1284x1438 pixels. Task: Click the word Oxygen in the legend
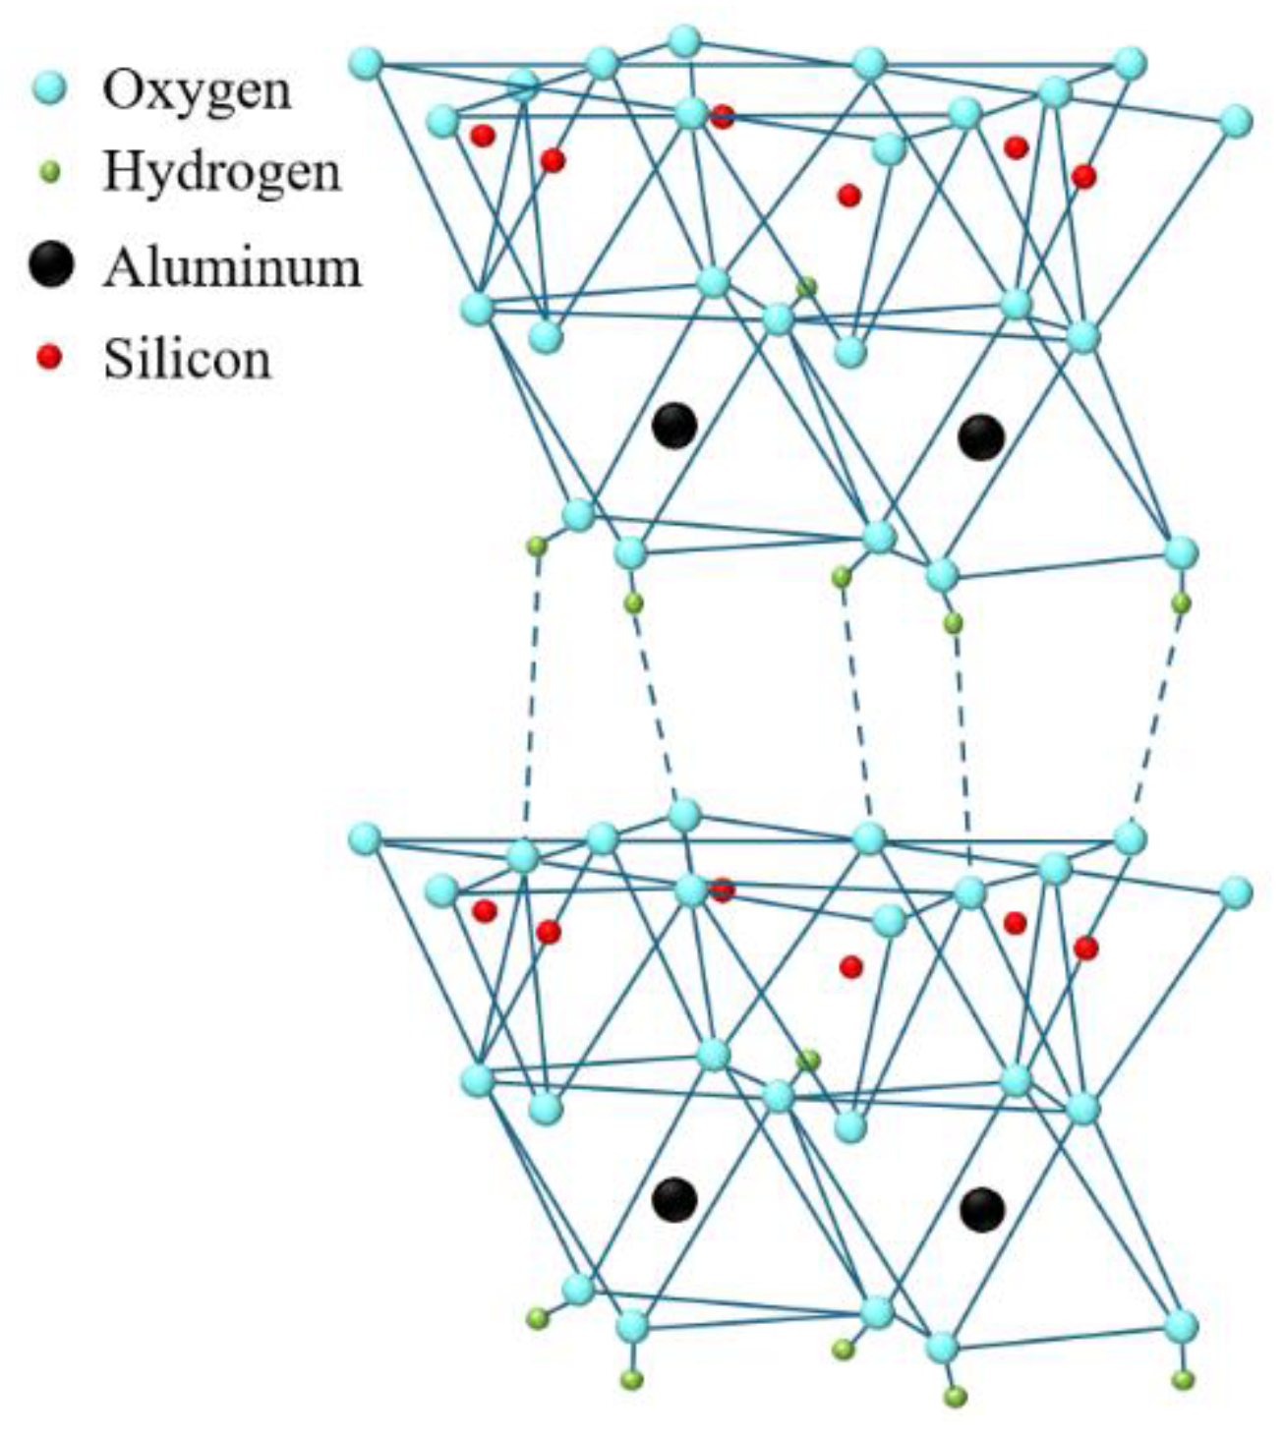click(198, 91)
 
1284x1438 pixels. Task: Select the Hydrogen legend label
click(222, 173)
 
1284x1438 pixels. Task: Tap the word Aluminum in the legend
click(233, 266)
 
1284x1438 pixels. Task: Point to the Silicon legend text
click(187, 359)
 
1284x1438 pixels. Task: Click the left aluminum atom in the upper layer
click(674, 426)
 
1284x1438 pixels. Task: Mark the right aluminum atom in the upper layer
click(981, 436)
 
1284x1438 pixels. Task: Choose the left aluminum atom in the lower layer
click(674, 1198)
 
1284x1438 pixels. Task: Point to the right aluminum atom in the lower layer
click(981, 1209)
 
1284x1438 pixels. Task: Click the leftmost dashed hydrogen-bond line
click(531, 688)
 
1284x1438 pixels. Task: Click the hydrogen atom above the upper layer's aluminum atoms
click(806, 287)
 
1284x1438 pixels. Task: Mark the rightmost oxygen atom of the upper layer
click(1236, 121)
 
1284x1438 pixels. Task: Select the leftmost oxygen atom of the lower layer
click(365, 838)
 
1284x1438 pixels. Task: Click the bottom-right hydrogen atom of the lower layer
click(1185, 1379)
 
